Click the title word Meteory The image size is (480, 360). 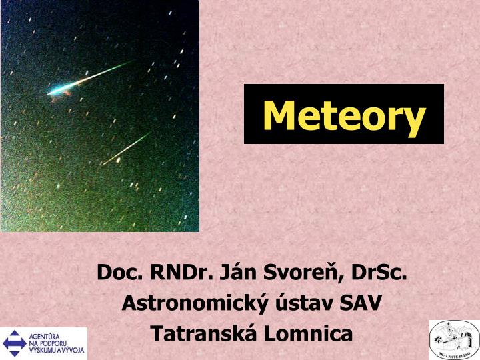[343, 115]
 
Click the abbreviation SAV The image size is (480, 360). [361, 303]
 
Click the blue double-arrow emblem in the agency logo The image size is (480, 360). [14, 343]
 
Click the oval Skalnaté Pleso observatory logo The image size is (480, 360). [453, 340]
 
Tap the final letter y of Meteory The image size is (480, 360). [414, 119]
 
